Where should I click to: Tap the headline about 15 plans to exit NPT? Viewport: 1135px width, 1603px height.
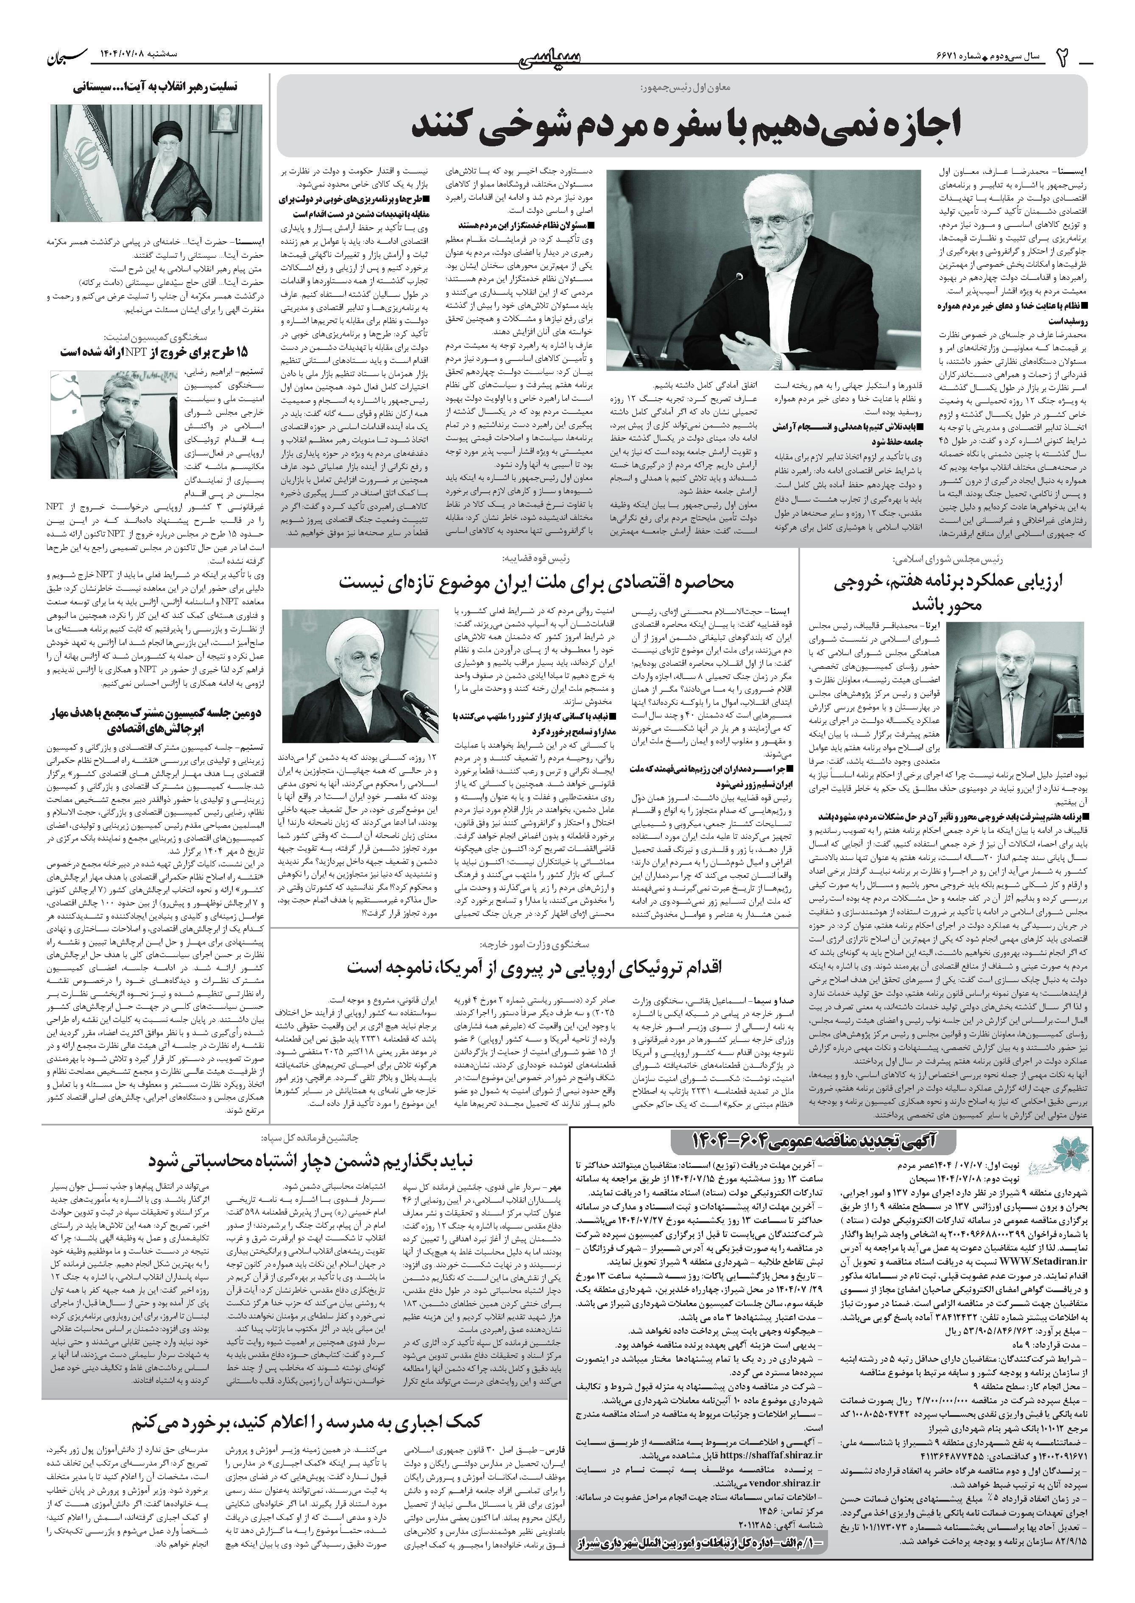click(154, 352)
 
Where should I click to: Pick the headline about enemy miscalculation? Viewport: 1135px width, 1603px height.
click(311, 1161)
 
